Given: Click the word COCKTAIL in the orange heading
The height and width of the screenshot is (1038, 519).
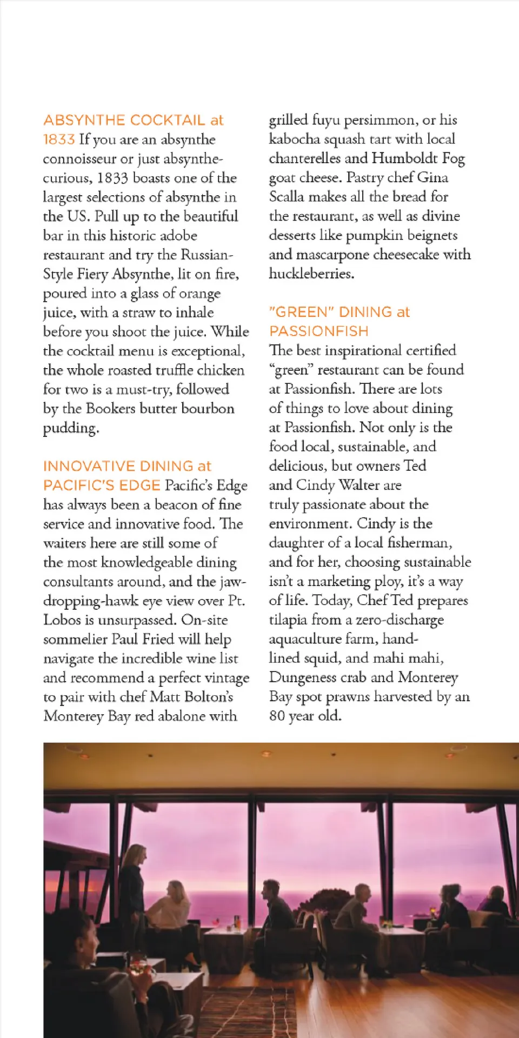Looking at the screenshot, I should (168, 120).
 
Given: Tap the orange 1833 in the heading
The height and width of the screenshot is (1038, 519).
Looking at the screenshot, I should (58, 139).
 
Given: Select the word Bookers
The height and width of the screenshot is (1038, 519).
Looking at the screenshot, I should (111, 408).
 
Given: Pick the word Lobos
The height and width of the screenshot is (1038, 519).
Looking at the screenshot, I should (62, 620).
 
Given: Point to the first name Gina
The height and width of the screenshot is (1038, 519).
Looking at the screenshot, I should (432, 178).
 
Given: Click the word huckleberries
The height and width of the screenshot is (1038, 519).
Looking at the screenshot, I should (311, 274).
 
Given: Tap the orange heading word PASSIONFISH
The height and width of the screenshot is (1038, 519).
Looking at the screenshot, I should (319, 331).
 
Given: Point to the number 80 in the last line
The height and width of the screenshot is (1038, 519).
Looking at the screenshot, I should (277, 716).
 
